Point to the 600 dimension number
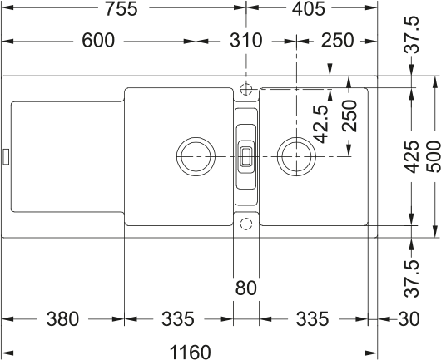[x=98, y=41]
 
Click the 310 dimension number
[x=245, y=41]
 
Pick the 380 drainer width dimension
[x=62, y=318]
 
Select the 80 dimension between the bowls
[x=245, y=289]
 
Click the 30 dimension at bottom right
[x=409, y=318]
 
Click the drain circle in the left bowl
[x=196, y=155]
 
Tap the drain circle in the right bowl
[x=295, y=155]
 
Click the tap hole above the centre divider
[x=245, y=88]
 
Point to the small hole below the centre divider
[x=245, y=223]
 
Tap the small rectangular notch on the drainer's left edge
[x=6, y=155]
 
